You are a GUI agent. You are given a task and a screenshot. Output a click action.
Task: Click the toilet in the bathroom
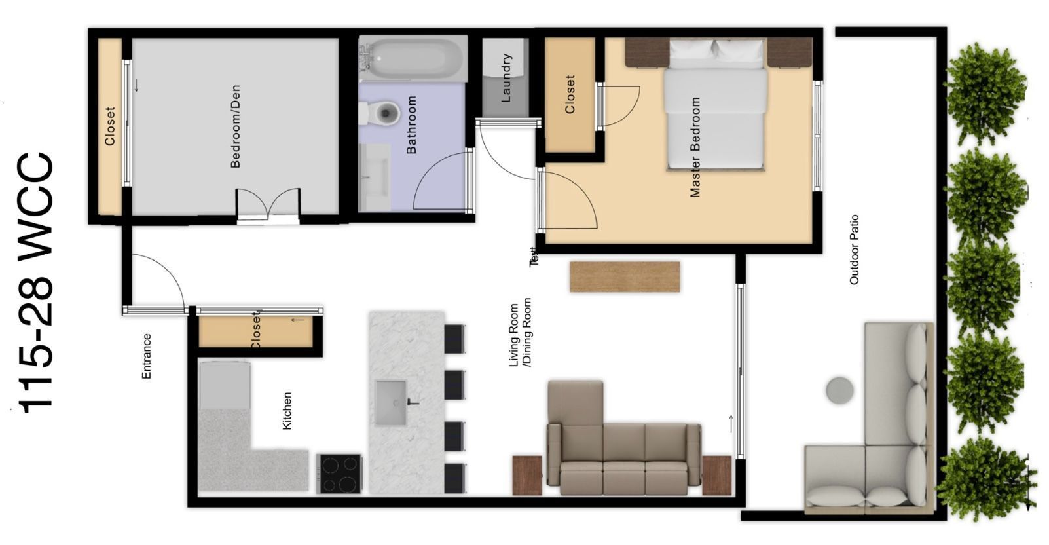click(x=380, y=113)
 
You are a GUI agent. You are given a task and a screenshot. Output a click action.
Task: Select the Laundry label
click(x=506, y=78)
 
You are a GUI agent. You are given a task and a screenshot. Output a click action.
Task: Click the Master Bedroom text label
click(x=695, y=147)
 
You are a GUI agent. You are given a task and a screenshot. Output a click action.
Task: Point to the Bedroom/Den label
click(x=236, y=126)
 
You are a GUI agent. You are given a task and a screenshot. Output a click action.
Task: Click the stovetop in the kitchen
click(x=339, y=474)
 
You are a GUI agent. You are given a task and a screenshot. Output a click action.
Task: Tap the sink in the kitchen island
click(x=390, y=403)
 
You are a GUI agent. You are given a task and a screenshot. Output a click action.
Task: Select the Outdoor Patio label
click(x=855, y=250)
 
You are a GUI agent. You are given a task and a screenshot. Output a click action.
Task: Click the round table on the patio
click(x=839, y=390)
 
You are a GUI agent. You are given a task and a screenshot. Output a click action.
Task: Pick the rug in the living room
click(x=625, y=277)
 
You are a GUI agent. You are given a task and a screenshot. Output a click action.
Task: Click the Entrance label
click(x=147, y=356)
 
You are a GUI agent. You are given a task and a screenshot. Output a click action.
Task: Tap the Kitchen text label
click(x=287, y=411)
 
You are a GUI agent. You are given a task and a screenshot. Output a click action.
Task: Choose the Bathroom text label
click(x=411, y=125)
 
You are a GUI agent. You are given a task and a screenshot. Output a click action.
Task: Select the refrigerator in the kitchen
click(x=225, y=385)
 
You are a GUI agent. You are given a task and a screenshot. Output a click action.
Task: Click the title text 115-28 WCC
click(x=35, y=283)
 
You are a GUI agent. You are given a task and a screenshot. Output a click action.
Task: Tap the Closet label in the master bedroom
click(x=570, y=94)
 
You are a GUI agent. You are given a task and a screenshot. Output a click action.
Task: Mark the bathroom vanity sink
click(x=374, y=177)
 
